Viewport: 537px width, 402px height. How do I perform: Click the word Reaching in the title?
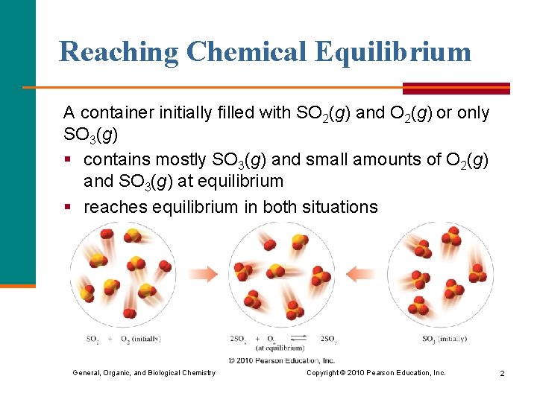click(x=119, y=52)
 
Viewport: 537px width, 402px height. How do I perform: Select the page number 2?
click(x=502, y=373)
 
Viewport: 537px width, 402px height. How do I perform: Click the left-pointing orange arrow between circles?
click(x=362, y=274)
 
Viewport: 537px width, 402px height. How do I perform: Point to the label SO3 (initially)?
click(x=445, y=339)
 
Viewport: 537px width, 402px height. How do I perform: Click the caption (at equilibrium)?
click(x=280, y=348)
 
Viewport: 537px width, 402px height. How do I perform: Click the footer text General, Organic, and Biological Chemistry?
click(x=144, y=373)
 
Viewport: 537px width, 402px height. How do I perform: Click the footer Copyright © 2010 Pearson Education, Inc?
click(x=376, y=373)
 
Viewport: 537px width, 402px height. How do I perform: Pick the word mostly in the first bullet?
click(x=178, y=159)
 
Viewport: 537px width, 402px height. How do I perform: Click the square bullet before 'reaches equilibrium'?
click(x=68, y=206)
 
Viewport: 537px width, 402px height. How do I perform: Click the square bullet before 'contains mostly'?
click(x=68, y=159)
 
